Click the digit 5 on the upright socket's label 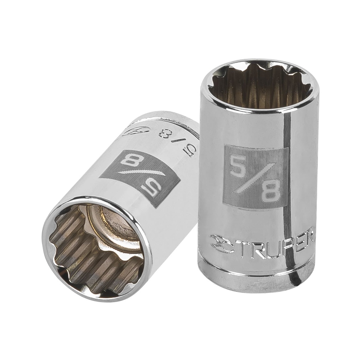click(239, 167)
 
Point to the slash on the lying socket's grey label click(141, 175)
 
